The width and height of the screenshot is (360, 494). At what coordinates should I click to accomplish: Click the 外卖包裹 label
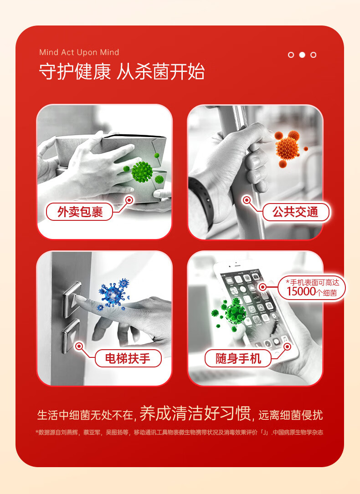(80, 212)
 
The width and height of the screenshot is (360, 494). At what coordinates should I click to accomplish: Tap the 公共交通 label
(295, 212)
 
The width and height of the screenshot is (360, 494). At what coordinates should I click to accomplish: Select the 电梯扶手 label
(128, 358)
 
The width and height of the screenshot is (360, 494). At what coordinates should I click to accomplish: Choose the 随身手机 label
(238, 358)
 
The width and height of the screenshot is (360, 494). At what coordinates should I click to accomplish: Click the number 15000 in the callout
(301, 291)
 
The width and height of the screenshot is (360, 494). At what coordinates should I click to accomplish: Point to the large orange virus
(287, 148)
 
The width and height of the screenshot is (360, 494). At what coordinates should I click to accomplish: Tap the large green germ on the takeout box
(142, 171)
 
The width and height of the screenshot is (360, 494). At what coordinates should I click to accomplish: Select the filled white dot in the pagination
(302, 55)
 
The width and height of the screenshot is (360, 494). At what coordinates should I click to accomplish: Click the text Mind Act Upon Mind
(79, 52)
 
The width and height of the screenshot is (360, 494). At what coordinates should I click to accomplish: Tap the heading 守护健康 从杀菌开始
(122, 71)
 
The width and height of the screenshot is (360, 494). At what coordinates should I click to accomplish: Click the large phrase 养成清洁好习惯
(195, 413)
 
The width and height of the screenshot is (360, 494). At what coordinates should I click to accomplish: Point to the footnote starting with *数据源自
(180, 432)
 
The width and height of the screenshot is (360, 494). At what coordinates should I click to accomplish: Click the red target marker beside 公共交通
(247, 200)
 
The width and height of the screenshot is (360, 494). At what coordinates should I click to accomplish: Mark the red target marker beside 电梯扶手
(79, 346)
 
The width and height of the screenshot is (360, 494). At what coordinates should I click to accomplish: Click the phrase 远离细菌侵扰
(290, 415)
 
